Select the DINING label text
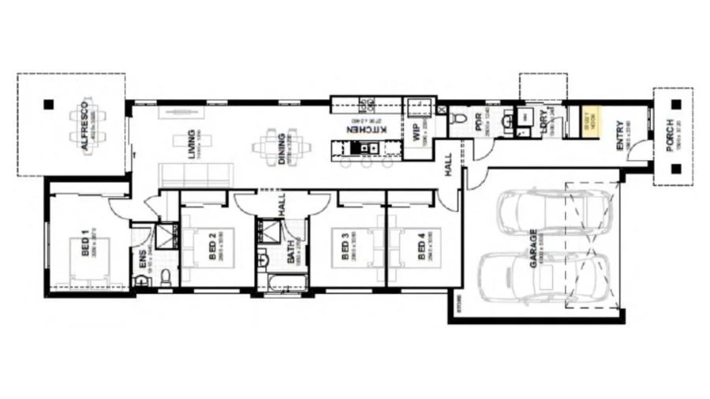pos(282,146)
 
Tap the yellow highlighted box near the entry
pos(587,123)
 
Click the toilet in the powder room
pos(460,118)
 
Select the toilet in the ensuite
pos(165,276)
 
